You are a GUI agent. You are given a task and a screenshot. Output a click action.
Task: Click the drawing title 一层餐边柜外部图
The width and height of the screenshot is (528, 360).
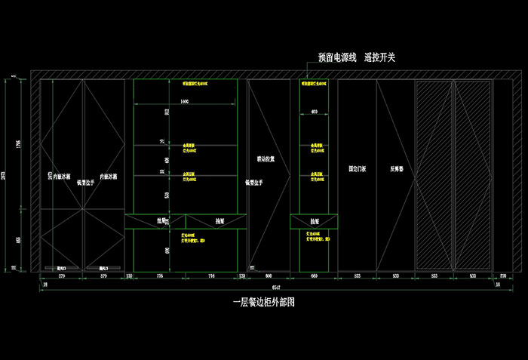click(x=262, y=303)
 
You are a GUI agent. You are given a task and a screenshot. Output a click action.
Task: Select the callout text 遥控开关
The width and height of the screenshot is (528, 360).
click(x=379, y=57)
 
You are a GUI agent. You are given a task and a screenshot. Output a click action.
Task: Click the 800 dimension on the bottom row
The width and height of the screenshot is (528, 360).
click(x=268, y=277)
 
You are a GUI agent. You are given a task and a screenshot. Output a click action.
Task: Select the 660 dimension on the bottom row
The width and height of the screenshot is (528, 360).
click(x=313, y=277)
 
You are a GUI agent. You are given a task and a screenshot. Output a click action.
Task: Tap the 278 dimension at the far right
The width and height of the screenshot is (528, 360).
click(x=503, y=277)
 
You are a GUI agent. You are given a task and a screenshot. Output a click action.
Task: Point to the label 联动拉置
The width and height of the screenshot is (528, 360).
click(x=266, y=160)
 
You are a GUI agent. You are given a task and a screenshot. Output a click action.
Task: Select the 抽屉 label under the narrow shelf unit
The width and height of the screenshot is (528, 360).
click(x=313, y=221)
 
